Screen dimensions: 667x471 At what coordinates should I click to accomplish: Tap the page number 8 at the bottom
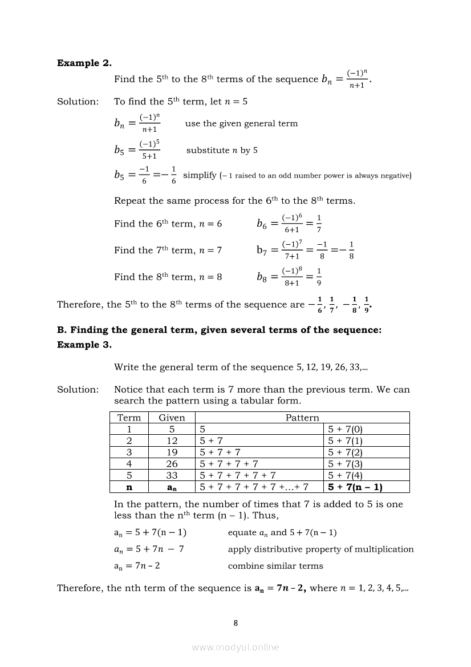point(235,623)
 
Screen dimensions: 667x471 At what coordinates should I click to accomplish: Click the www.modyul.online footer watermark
point(235,647)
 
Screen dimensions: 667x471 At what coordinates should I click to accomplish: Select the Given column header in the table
point(172,418)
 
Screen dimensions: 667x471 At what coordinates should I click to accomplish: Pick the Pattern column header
point(302,418)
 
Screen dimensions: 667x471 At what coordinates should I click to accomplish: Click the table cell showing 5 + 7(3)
point(346,464)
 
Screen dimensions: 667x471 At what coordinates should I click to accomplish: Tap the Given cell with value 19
point(172,452)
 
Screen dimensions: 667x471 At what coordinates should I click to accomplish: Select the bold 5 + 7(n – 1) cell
point(355,487)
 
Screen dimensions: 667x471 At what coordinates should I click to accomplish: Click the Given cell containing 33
point(172,475)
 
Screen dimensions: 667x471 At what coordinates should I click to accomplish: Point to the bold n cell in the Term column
point(129,487)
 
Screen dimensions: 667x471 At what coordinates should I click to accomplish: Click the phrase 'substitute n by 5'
point(222,151)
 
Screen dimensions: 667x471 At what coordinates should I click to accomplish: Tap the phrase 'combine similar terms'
point(275,566)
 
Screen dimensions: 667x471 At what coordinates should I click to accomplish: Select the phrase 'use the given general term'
point(241,123)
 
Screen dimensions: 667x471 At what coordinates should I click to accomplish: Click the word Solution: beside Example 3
point(78,390)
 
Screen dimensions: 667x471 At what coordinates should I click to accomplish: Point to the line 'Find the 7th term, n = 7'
point(168,250)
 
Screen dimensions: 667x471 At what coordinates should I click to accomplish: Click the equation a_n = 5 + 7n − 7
point(149,549)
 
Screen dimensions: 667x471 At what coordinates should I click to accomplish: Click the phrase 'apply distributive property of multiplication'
point(320,549)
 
